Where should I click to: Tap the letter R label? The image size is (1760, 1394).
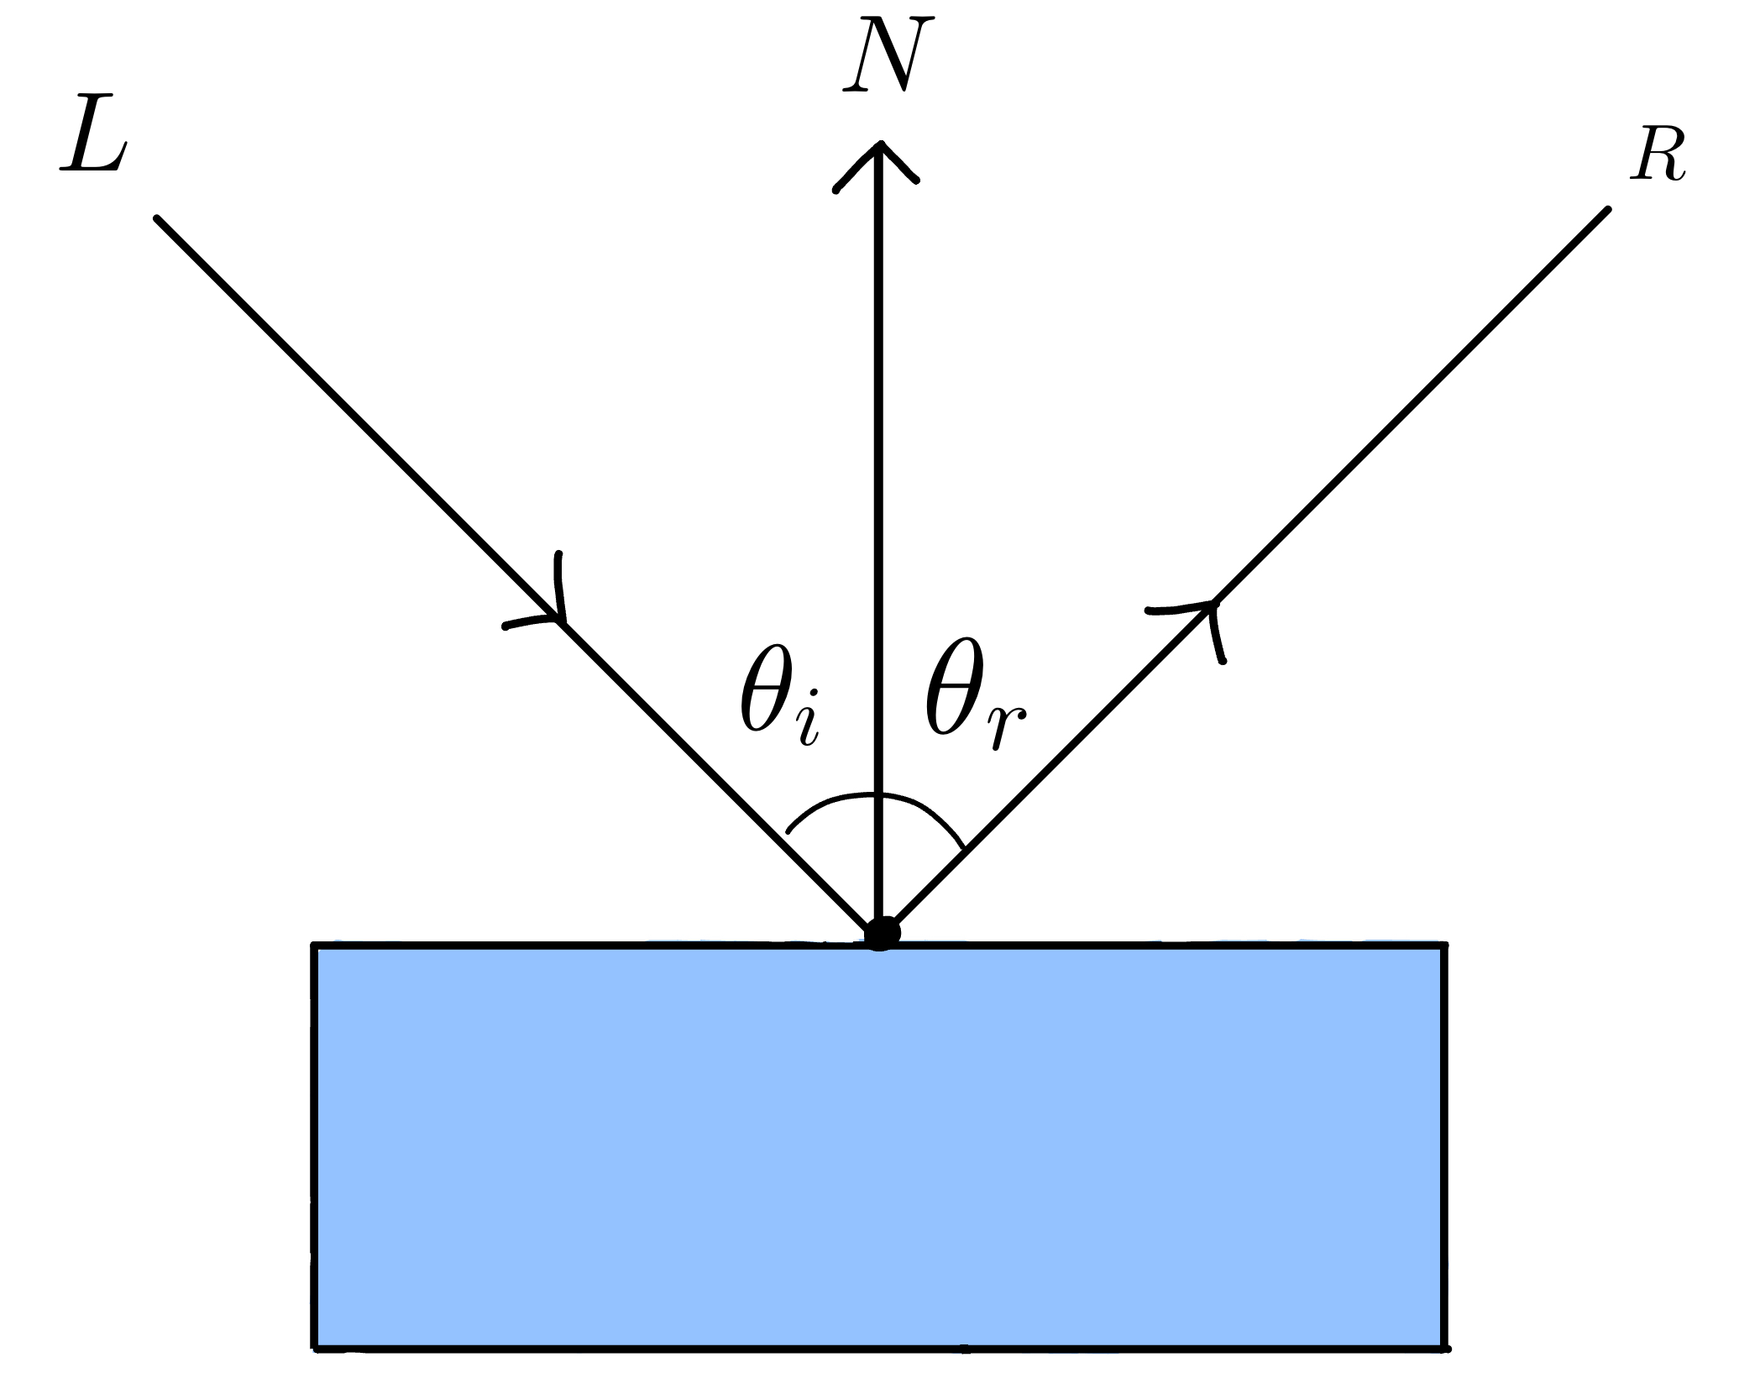click(1658, 157)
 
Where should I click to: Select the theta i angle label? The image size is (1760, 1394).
click(778, 700)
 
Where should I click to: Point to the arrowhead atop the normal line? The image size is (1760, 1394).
click(878, 160)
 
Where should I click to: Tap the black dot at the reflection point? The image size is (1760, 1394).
click(881, 933)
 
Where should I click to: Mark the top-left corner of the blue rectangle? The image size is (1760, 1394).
click(316, 946)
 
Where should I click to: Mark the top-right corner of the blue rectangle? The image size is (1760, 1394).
click(1443, 946)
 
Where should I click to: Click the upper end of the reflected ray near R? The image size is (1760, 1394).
click(1605, 210)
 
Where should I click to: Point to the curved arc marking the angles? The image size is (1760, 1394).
click(878, 795)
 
